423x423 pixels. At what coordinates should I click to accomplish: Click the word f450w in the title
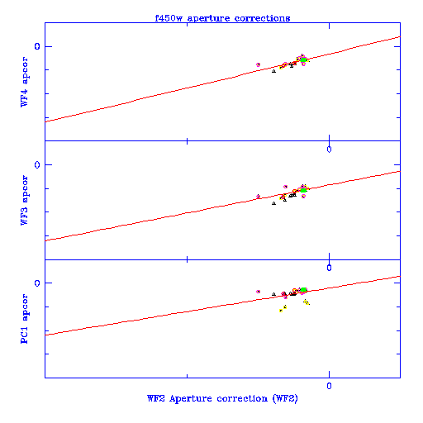169,18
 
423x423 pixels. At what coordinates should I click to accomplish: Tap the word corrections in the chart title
262,18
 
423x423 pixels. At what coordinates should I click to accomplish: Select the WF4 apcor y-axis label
24,82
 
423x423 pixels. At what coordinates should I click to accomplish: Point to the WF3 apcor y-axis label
24,200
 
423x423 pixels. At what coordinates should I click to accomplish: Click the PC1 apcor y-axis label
24,319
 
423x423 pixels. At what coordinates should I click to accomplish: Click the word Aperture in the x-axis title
191,399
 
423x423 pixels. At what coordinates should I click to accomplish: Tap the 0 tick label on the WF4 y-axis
37,46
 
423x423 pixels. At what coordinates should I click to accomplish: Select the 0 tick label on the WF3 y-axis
37,164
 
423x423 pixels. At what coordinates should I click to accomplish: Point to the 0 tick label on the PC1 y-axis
37,283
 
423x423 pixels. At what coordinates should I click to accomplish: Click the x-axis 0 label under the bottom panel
329,386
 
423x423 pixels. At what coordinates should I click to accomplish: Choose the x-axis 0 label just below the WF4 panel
329,150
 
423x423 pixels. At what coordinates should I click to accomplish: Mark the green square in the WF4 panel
303,59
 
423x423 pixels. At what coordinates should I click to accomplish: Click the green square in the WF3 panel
303,190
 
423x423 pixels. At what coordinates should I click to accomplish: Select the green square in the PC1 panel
303,290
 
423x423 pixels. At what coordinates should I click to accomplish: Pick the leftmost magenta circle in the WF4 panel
258,64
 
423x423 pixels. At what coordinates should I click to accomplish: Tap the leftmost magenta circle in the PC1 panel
258,292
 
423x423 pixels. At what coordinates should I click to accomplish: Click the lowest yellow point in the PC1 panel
281,311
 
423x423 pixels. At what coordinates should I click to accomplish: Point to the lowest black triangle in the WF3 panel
273,203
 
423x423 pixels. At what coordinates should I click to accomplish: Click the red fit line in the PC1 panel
222,306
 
